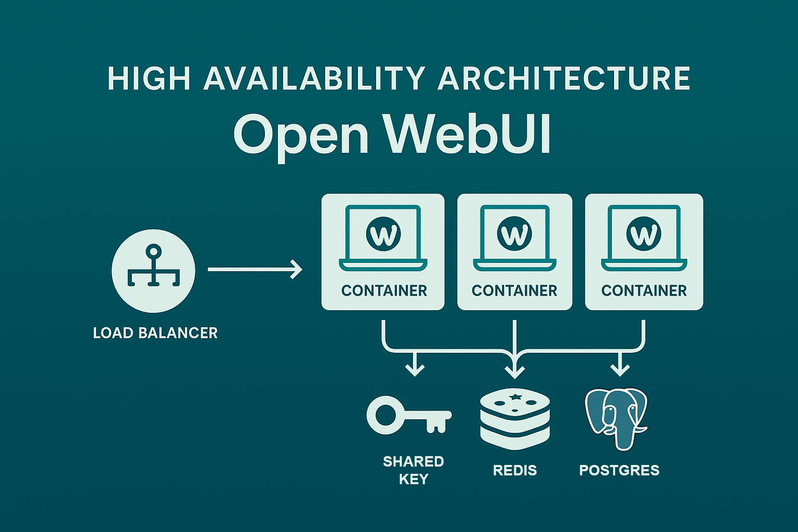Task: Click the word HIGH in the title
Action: tap(149, 78)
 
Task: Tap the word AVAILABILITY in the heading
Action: tap(314, 78)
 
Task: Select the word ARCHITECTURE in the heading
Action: tap(564, 78)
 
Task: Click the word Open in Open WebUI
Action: tap(301, 137)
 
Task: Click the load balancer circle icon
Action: tap(154, 271)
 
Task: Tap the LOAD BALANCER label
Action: tap(155, 333)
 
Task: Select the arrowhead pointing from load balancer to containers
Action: tap(297, 270)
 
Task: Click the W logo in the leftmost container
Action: tap(383, 234)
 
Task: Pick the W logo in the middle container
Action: tap(514, 234)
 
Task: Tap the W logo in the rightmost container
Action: tap(644, 234)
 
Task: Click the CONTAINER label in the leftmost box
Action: tap(384, 291)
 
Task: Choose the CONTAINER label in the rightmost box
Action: tap(644, 291)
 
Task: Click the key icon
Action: tap(409, 415)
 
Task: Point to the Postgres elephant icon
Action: tap(616, 419)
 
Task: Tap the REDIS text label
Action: tap(515, 470)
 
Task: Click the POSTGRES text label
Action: tap(619, 470)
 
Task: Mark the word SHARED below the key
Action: tap(414, 462)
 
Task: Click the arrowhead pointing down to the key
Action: tap(415, 370)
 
